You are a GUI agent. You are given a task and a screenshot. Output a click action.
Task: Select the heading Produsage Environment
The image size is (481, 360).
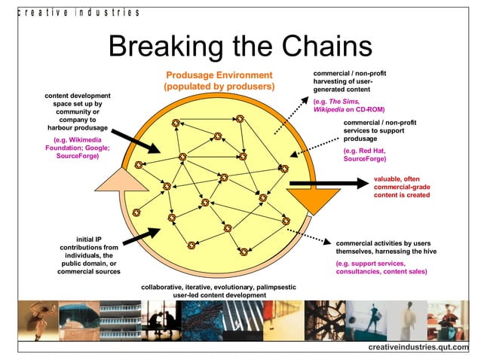click(219, 75)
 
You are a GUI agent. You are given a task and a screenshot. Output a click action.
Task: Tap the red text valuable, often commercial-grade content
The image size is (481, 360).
click(402, 187)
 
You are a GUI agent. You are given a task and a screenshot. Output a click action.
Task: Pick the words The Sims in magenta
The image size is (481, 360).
click(346, 101)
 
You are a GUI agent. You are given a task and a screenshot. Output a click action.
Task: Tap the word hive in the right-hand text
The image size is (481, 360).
click(417, 252)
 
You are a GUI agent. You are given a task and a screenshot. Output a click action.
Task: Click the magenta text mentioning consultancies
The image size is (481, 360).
click(376, 271)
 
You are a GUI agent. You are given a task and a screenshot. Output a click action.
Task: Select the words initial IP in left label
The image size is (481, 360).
click(90, 239)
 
